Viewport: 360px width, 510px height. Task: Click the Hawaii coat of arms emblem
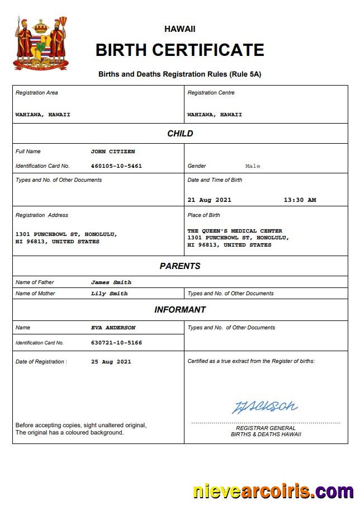[x=40, y=43]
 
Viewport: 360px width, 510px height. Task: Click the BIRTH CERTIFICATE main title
[x=179, y=50]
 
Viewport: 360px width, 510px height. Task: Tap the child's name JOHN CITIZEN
[x=113, y=152]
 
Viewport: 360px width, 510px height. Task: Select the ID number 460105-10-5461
[x=116, y=166]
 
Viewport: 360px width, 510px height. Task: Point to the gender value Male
[x=253, y=166]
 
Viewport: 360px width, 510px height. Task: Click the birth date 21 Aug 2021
[x=209, y=200]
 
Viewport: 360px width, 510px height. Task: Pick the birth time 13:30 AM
[x=300, y=200]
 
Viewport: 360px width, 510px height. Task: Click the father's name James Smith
[x=111, y=282]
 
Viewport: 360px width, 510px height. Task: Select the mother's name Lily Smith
[x=110, y=294]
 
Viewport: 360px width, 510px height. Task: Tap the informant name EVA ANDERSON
[x=113, y=328]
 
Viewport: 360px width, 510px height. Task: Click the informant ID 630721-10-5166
[x=116, y=343]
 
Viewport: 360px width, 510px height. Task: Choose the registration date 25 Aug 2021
[x=111, y=362]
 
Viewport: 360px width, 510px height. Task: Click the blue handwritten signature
[x=265, y=407]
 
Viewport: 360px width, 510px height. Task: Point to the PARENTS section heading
[x=180, y=266]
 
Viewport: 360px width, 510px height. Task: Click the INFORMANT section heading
[x=180, y=310]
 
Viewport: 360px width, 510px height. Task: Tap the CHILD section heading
[x=180, y=134]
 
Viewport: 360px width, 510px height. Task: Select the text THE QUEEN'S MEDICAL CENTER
[x=235, y=231]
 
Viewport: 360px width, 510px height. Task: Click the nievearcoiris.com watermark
[x=273, y=492]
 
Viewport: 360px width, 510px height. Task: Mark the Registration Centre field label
[x=211, y=93]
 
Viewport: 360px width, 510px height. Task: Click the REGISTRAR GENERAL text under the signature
[x=266, y=428]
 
